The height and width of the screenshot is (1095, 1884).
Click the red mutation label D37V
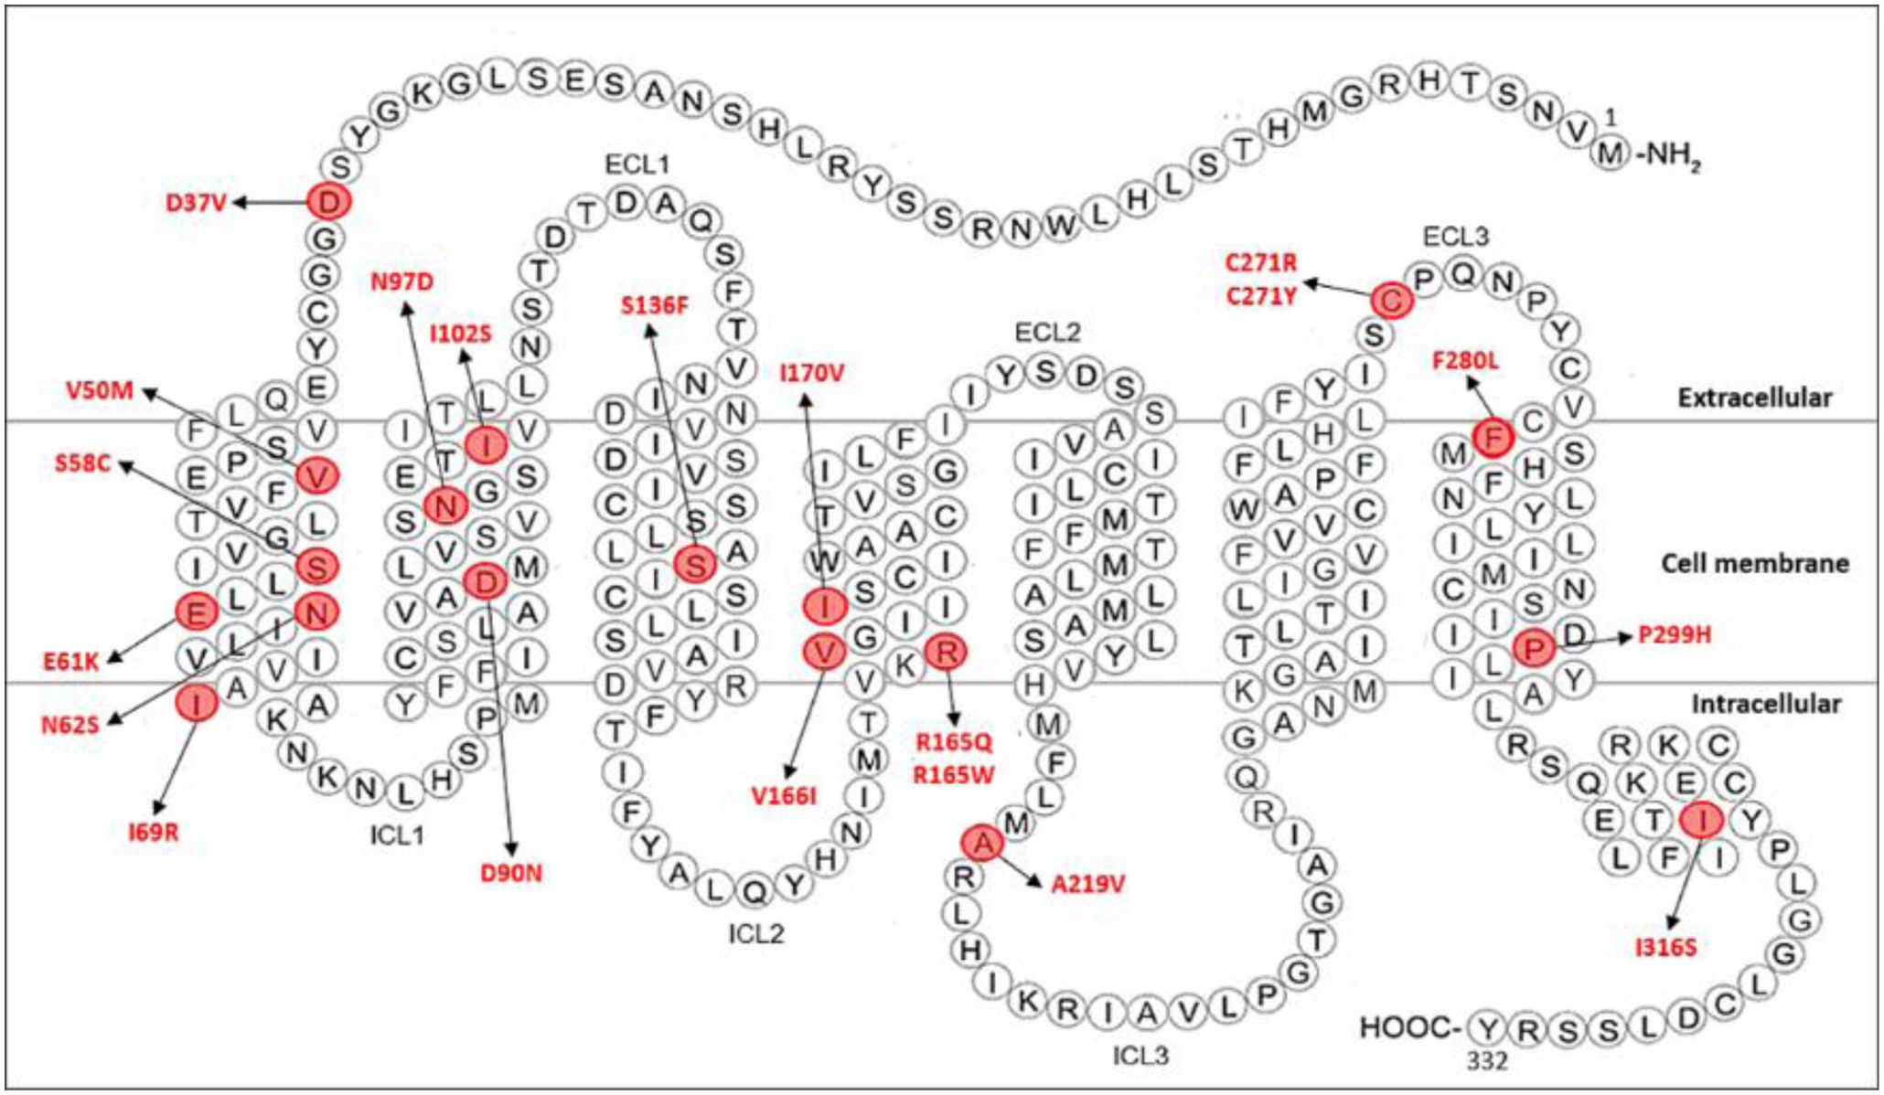195,202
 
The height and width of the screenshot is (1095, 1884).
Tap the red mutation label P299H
1674,634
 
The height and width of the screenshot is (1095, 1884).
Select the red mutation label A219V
1087,884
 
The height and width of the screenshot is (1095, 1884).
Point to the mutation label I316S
1665,947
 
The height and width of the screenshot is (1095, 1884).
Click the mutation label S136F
654,305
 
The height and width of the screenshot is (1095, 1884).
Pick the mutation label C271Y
1261,296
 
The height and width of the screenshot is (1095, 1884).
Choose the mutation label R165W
954,775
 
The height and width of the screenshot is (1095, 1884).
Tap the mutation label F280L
1465,361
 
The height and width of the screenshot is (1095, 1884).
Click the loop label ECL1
637,165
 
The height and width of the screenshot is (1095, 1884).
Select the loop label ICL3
1140,1056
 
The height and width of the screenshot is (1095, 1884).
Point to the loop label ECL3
1455,238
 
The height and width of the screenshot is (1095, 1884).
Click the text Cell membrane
1754,563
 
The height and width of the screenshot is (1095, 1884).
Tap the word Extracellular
1754,398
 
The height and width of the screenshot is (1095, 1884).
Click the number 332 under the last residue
1487,1060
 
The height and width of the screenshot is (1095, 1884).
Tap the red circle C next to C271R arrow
1391,300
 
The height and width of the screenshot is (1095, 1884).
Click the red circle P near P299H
1534,648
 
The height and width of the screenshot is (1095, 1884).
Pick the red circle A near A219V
982,843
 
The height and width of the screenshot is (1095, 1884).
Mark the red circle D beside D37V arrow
329,201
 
